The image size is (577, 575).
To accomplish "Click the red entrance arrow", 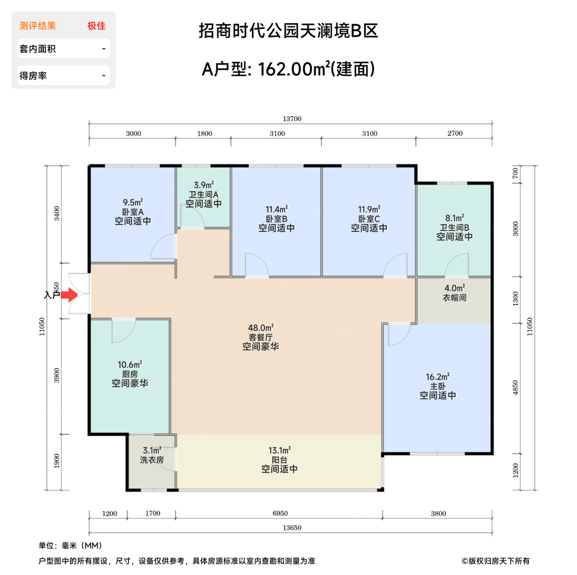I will click(70, 295).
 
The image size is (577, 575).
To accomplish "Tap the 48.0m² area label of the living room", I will click(260, 328).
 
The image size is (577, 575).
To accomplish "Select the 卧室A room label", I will click(133, 212).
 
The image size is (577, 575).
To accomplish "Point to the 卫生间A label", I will click(204, 195).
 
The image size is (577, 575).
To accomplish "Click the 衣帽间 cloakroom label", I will click(455, 298).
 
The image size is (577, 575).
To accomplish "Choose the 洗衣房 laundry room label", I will click(152, 460).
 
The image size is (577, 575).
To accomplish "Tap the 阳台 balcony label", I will click(279, 460).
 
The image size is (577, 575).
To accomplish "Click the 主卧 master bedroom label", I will click(438, 386).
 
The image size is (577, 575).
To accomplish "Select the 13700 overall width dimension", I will click(292, 119).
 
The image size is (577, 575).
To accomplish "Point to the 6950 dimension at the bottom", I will click(280, 513).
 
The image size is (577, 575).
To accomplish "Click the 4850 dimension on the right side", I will click(516, 387).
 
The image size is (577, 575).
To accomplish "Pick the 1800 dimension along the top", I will click(204, 134).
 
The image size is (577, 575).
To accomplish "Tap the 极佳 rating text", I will click(96, 26).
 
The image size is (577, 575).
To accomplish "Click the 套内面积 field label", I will click(38, 49).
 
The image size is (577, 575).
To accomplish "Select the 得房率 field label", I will click(33, 76).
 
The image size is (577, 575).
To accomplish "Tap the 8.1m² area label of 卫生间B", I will click(455, 218).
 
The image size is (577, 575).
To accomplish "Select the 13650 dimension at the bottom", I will click(292, 528).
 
